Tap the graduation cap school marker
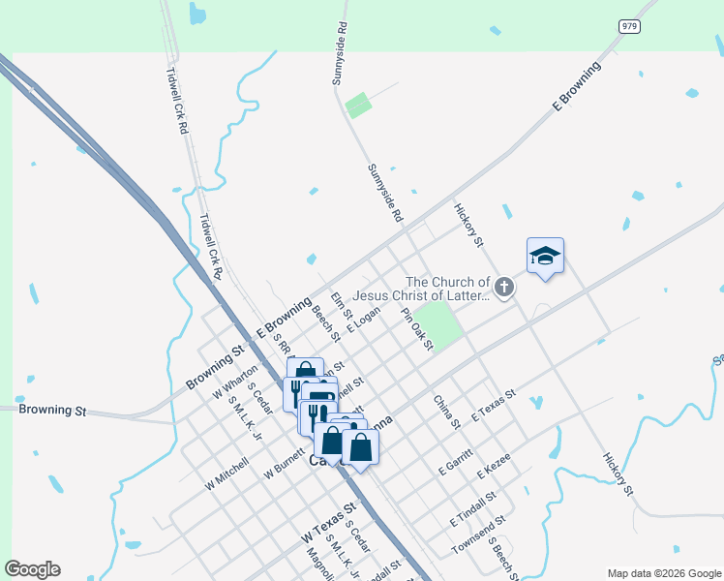coord(545,257)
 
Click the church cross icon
coord(503,287)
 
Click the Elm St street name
coord(341,306)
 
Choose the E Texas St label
coord(494,406)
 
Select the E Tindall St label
coord(472,507)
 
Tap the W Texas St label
coord(328,521)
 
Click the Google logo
coord(32,569)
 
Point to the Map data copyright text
coord(664,572)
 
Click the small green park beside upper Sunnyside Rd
coord(358,105)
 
